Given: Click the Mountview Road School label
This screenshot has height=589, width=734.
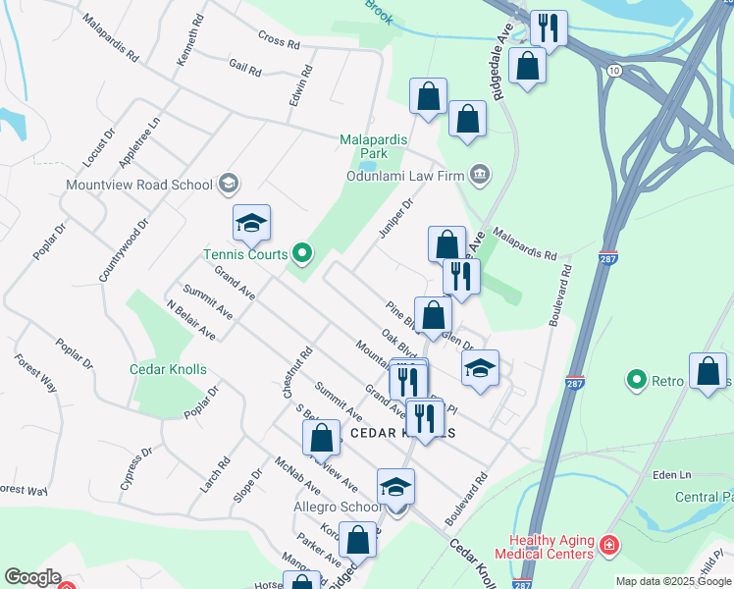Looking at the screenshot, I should pos(138,185).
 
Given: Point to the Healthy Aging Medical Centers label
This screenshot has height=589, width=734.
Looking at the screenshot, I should pos(550,548).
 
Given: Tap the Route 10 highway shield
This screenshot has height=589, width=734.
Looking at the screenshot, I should pos(613,72).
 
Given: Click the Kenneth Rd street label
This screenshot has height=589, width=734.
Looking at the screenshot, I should pos(190,40).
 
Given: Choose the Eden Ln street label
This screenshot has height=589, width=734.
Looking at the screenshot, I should pos(671,475).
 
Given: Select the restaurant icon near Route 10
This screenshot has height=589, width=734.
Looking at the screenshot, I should pos(549,27).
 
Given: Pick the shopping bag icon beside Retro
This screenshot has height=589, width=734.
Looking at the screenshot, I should pos(708,371).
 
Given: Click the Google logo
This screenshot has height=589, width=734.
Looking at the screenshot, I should pos(31,577).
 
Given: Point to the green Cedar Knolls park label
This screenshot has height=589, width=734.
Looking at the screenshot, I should pos(168,369).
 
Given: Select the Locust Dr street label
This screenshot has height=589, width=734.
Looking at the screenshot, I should pos(99,145).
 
